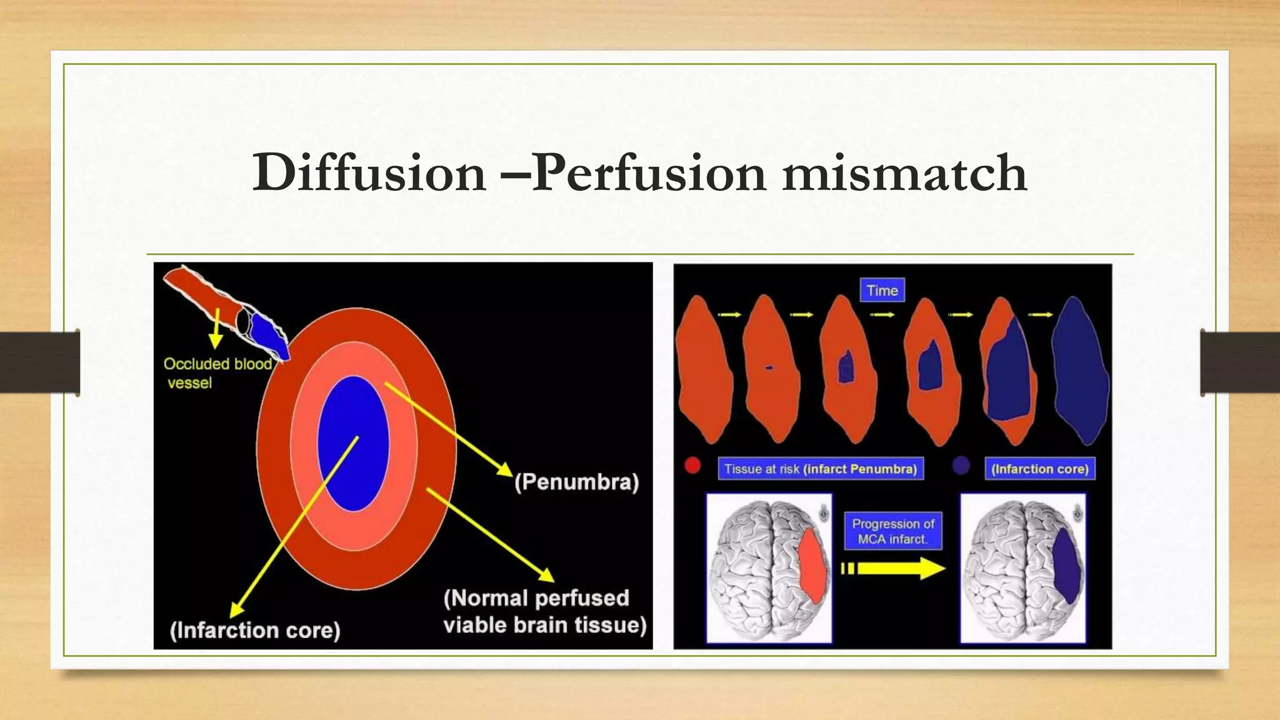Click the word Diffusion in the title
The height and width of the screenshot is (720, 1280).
pos(369,173)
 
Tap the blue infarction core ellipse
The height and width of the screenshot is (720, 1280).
pos(353,444)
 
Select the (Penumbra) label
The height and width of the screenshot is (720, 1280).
pos(576,482)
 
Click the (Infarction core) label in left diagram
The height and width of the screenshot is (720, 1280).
pos(255,630)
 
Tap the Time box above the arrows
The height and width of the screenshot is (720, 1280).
pos(882,291)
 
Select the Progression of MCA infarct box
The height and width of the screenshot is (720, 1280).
pos(893,531)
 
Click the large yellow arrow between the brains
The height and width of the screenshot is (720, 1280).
pos(900,568)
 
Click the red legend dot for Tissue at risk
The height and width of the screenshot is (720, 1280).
pos(692,466)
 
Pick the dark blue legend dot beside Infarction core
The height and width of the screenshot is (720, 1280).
pos(961,466)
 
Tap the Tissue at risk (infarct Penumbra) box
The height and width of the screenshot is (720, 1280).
pos(820,469)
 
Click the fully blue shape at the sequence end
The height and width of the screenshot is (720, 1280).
pos(1079,372)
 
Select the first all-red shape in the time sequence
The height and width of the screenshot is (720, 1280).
pos(704,369)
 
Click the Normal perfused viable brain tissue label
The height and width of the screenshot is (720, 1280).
pos(544,611)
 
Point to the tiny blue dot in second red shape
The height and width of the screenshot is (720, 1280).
pos(769,367)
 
